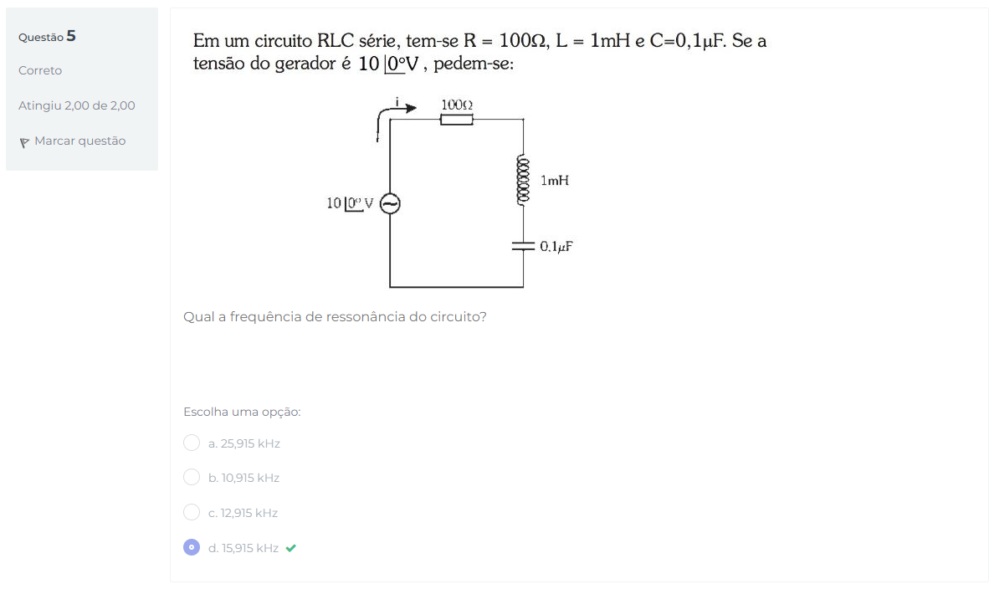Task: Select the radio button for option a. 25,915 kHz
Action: tap(192, 443)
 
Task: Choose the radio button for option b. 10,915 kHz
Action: tap(192, 478)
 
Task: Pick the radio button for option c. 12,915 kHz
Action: tap(192, 512)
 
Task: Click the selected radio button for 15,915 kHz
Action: tap(192, 547)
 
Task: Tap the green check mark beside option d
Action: tap(291, 548)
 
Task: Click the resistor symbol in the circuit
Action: tap(457, 119)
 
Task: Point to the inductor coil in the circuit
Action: tap(523, 180)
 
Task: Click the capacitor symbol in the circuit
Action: tap(523, 246)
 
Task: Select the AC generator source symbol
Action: tap(390, 203)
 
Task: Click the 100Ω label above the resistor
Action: tap(457, 105)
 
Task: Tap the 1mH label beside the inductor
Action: tap(555, 181)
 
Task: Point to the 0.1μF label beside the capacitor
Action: tap(556, 247)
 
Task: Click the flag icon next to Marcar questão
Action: tap(24, 142)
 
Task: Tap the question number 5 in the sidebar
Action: tap(71, 36)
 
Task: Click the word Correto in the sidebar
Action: tap(40, 70)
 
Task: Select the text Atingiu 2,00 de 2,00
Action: tap(77, 106)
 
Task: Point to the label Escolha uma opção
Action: tap(242, 412)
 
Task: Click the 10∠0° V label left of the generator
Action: tap(350, 203)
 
